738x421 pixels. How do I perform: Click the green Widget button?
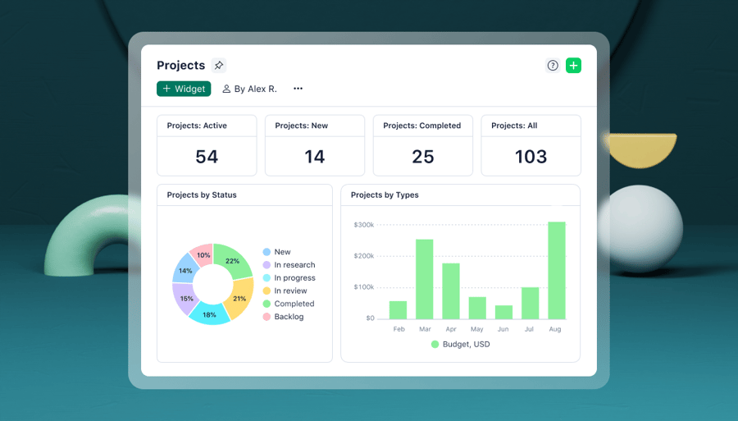[x=184, y=89]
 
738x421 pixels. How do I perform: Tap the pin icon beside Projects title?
[x=218, y=66]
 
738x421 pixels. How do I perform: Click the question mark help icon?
[x=553, y=66]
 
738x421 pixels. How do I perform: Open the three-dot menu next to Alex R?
[x=298, y=89]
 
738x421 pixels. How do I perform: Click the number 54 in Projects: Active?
[x=207, y=157]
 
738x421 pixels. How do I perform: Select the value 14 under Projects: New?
[x=315, y=157]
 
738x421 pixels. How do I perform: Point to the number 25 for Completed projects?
[x=423, y=157]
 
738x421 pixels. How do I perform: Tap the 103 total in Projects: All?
[x=531, y=157]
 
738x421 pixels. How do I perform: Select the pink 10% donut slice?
[x=203, y=255]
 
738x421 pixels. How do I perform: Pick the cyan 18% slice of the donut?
[x=209, y=314]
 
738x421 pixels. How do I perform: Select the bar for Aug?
[x=557, y=271]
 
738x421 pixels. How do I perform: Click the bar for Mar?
[x=424, y=279]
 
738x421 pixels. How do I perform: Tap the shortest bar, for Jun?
[x=503, y=312]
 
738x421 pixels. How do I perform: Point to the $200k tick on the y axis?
[x=363, y=256]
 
